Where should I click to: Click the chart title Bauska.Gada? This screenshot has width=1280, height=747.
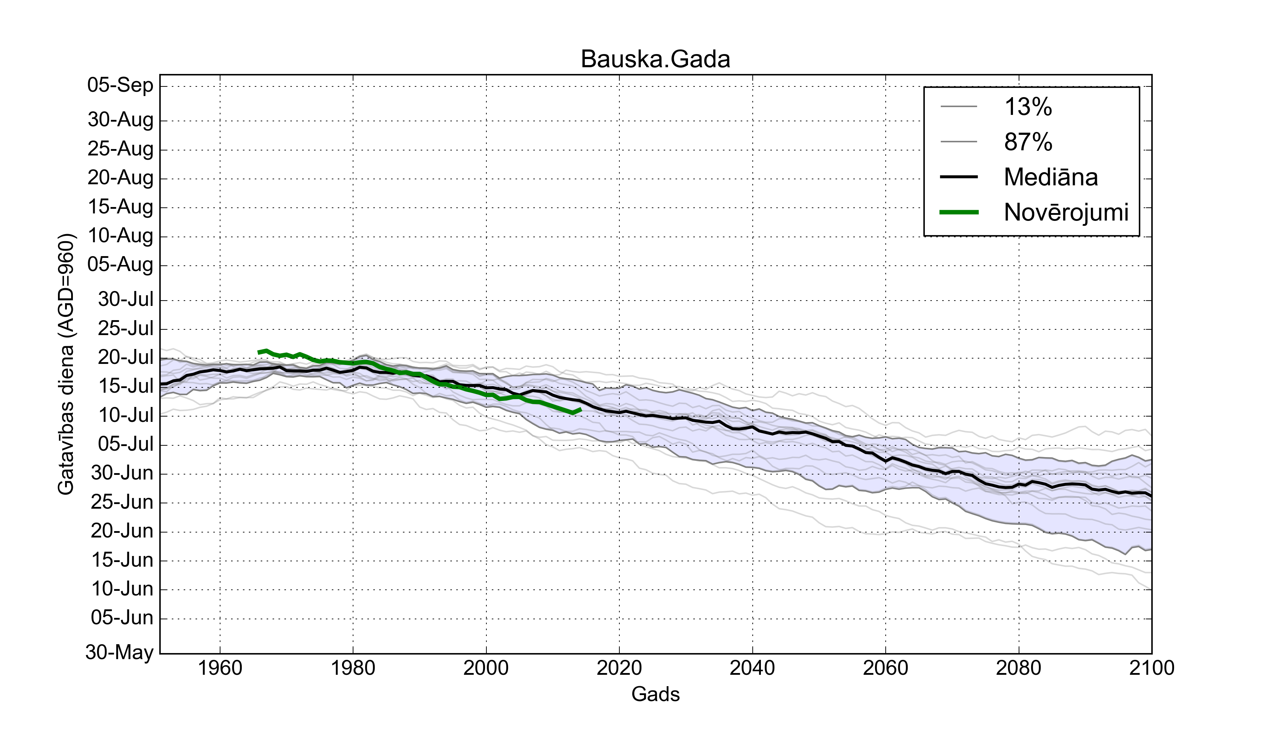pos(655,59)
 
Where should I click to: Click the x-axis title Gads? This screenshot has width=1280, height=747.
pos(655,694)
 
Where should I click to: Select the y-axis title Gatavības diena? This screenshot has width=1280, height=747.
pos(66,364)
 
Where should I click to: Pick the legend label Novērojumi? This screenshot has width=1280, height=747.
pos(1066,212)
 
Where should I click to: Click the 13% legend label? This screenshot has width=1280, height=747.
pos(1028,107)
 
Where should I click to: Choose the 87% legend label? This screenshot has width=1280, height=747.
pos(1028,142)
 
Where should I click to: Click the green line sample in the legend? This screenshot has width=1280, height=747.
pos(959,212)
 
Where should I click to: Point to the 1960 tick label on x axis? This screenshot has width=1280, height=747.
pos(220,668)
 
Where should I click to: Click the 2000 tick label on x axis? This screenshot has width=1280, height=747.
pos(486,668)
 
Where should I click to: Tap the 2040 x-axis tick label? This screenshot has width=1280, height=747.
pos(752,668)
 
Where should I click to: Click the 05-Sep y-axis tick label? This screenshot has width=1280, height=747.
pos(121,85)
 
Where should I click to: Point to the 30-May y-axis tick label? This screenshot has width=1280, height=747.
pos(120,652)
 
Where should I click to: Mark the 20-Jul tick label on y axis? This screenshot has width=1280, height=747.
pos(126,358)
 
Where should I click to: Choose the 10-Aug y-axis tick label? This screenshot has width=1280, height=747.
pos(121,236)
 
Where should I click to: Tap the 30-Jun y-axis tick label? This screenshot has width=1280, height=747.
pos(122,473)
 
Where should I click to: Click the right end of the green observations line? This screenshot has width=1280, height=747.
pos(581,409)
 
